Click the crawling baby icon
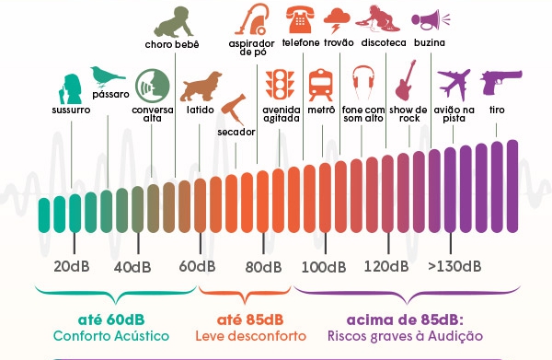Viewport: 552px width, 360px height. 174,22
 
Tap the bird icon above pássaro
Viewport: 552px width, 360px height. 107,76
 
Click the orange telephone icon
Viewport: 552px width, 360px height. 300,19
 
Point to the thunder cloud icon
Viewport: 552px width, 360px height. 337,20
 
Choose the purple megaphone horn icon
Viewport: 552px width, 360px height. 431,21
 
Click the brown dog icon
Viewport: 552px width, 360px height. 201,87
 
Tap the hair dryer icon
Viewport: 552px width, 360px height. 234,109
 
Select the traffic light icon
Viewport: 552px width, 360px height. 280,84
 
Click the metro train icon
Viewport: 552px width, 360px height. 320,85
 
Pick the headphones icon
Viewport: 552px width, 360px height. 363,83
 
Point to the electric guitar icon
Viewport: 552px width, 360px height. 406,81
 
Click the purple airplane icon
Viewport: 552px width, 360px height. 454,84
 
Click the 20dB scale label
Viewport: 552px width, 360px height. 72,267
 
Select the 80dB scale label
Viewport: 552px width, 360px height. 263,267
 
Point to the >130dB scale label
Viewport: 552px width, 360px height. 454,266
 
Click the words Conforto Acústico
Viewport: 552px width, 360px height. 111,336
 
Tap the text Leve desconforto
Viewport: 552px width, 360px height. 250,336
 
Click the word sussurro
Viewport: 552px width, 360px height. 71,110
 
